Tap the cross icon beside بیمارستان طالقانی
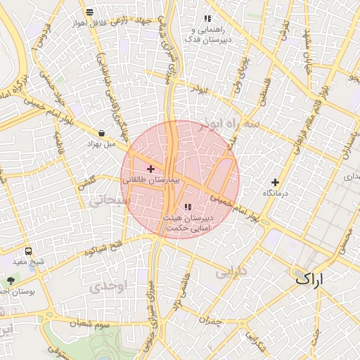150,169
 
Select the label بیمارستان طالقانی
152,181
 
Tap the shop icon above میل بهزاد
102,132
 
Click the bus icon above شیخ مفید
28,251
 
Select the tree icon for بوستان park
10,280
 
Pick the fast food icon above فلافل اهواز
89,11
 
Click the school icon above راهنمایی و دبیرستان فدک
207,18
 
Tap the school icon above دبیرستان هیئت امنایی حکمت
187,206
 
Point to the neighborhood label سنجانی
107,201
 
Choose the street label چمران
210,321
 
